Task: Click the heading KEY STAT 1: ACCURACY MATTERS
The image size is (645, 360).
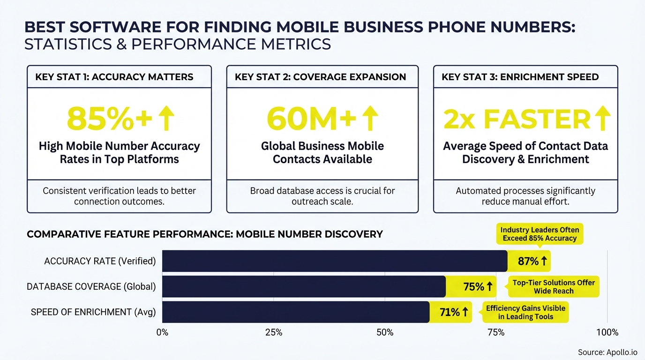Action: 114,77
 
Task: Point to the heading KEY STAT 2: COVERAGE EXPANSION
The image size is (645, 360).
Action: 320,77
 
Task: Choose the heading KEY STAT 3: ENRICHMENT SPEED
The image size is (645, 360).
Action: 520,77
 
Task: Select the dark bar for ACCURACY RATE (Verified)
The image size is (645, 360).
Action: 335,261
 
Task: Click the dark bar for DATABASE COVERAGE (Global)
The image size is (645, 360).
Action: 304,286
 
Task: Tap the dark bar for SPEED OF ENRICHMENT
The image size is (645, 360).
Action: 295,312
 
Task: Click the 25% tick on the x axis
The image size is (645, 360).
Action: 273,333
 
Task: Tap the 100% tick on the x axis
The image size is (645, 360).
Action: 607,333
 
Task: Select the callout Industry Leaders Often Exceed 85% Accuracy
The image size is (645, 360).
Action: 540,234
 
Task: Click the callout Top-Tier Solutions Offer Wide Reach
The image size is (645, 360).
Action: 554,287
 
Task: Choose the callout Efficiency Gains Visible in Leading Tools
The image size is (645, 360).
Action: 525,312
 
